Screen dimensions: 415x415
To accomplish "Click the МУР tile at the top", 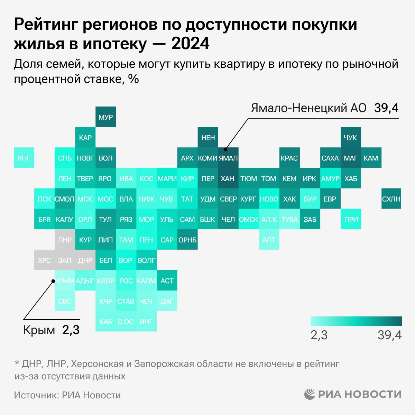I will [105, 117].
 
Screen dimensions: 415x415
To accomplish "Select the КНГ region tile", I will [24, 158].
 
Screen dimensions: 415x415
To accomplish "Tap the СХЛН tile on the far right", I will [391, 199].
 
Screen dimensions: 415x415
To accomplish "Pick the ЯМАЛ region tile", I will [228, 158].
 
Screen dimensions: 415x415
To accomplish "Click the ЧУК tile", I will [351, 138].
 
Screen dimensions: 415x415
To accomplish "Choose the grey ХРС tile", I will [44, 260].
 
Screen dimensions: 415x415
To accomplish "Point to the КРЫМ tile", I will [65, 281].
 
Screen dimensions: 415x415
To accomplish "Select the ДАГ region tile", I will [167, 301].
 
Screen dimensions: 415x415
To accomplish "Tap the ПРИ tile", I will [351, 219].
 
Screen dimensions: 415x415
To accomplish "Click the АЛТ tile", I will [269, 240].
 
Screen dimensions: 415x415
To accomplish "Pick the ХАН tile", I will [228, 178].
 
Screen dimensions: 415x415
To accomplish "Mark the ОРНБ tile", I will [187, 240].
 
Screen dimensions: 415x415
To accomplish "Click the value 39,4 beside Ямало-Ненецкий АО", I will [386, 108].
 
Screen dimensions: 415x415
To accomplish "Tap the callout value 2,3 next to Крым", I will [71, 330].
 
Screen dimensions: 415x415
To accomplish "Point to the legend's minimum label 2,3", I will [319, 335].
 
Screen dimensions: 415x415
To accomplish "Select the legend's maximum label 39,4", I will [389, 335].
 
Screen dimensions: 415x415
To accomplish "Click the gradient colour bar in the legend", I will [356, 321].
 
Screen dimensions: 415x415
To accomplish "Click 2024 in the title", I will [191, 44].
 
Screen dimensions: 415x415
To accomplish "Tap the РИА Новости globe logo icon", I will [311, 394].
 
